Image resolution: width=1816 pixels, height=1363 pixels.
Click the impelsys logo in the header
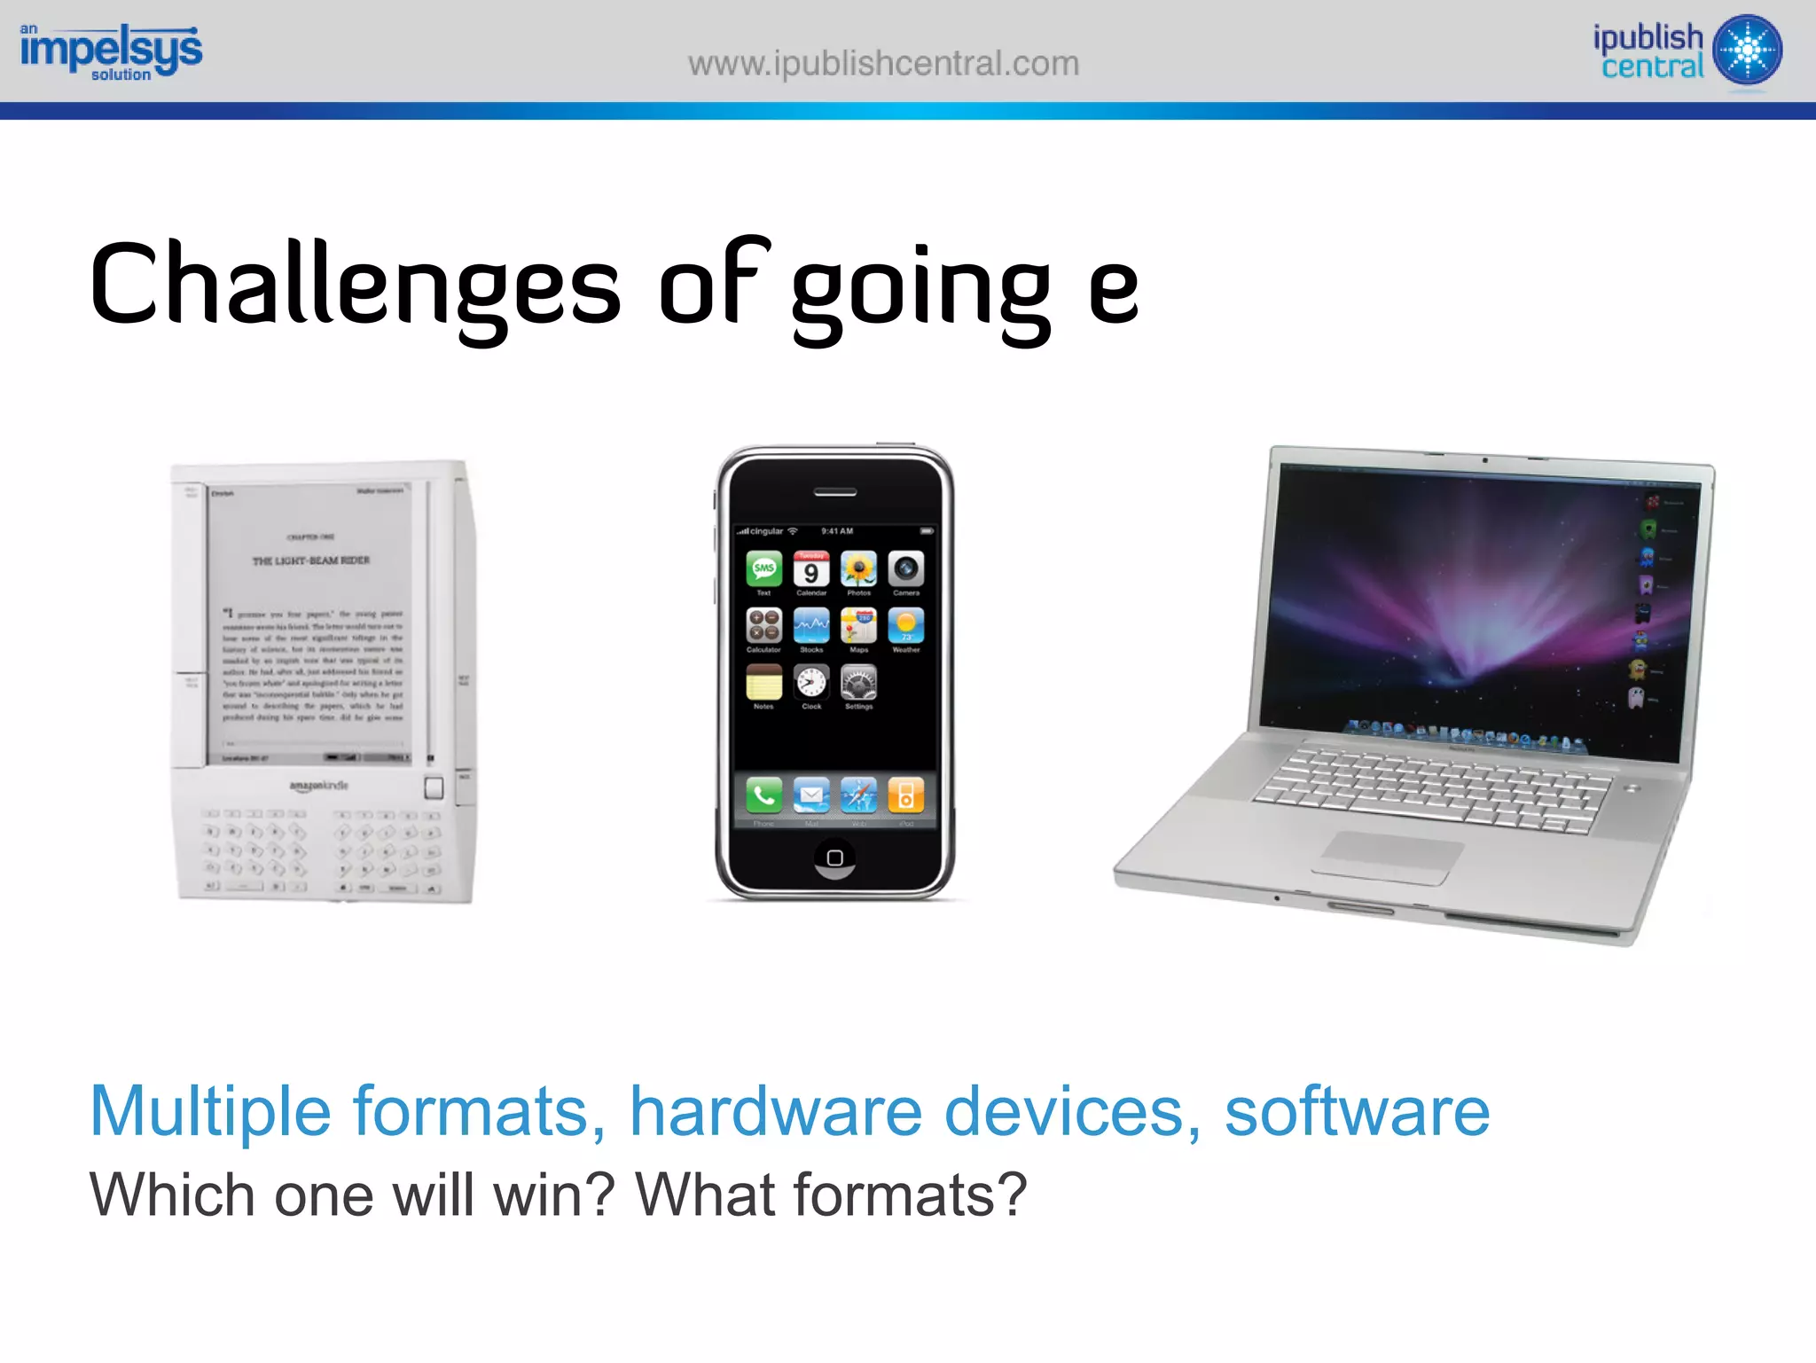click(x=111, y=51)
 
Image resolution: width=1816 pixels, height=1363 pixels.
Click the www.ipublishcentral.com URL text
click(x=883, y=64)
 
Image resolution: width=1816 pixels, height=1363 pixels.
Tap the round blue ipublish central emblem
click(x=1747, y=50)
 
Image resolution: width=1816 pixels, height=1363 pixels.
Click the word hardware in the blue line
click(x=776, y=1111)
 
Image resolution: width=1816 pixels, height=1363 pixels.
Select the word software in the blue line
click(x=1357, y=1111)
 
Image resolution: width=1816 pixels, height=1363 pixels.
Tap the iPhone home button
click(x=834, y=858)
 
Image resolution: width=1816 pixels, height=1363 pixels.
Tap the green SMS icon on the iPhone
click(x=763, y=568)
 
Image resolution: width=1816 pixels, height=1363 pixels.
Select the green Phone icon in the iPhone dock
click(x=763, y=795)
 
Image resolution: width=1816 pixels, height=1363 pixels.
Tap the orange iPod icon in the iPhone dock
click(x=905, y=795)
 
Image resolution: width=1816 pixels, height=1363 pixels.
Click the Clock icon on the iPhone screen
click(x=811, y=683)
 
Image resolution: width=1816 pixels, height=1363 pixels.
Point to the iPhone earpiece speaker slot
click(x=834, y=492)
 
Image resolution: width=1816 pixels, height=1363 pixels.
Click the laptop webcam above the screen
click(x=1485, y=460)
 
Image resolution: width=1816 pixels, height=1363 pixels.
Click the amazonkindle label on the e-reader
click(x=318, y=786)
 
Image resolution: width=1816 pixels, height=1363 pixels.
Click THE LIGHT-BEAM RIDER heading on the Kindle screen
click(x=310, y=560)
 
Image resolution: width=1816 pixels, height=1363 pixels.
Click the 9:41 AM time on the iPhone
click(x=837, y=531)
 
